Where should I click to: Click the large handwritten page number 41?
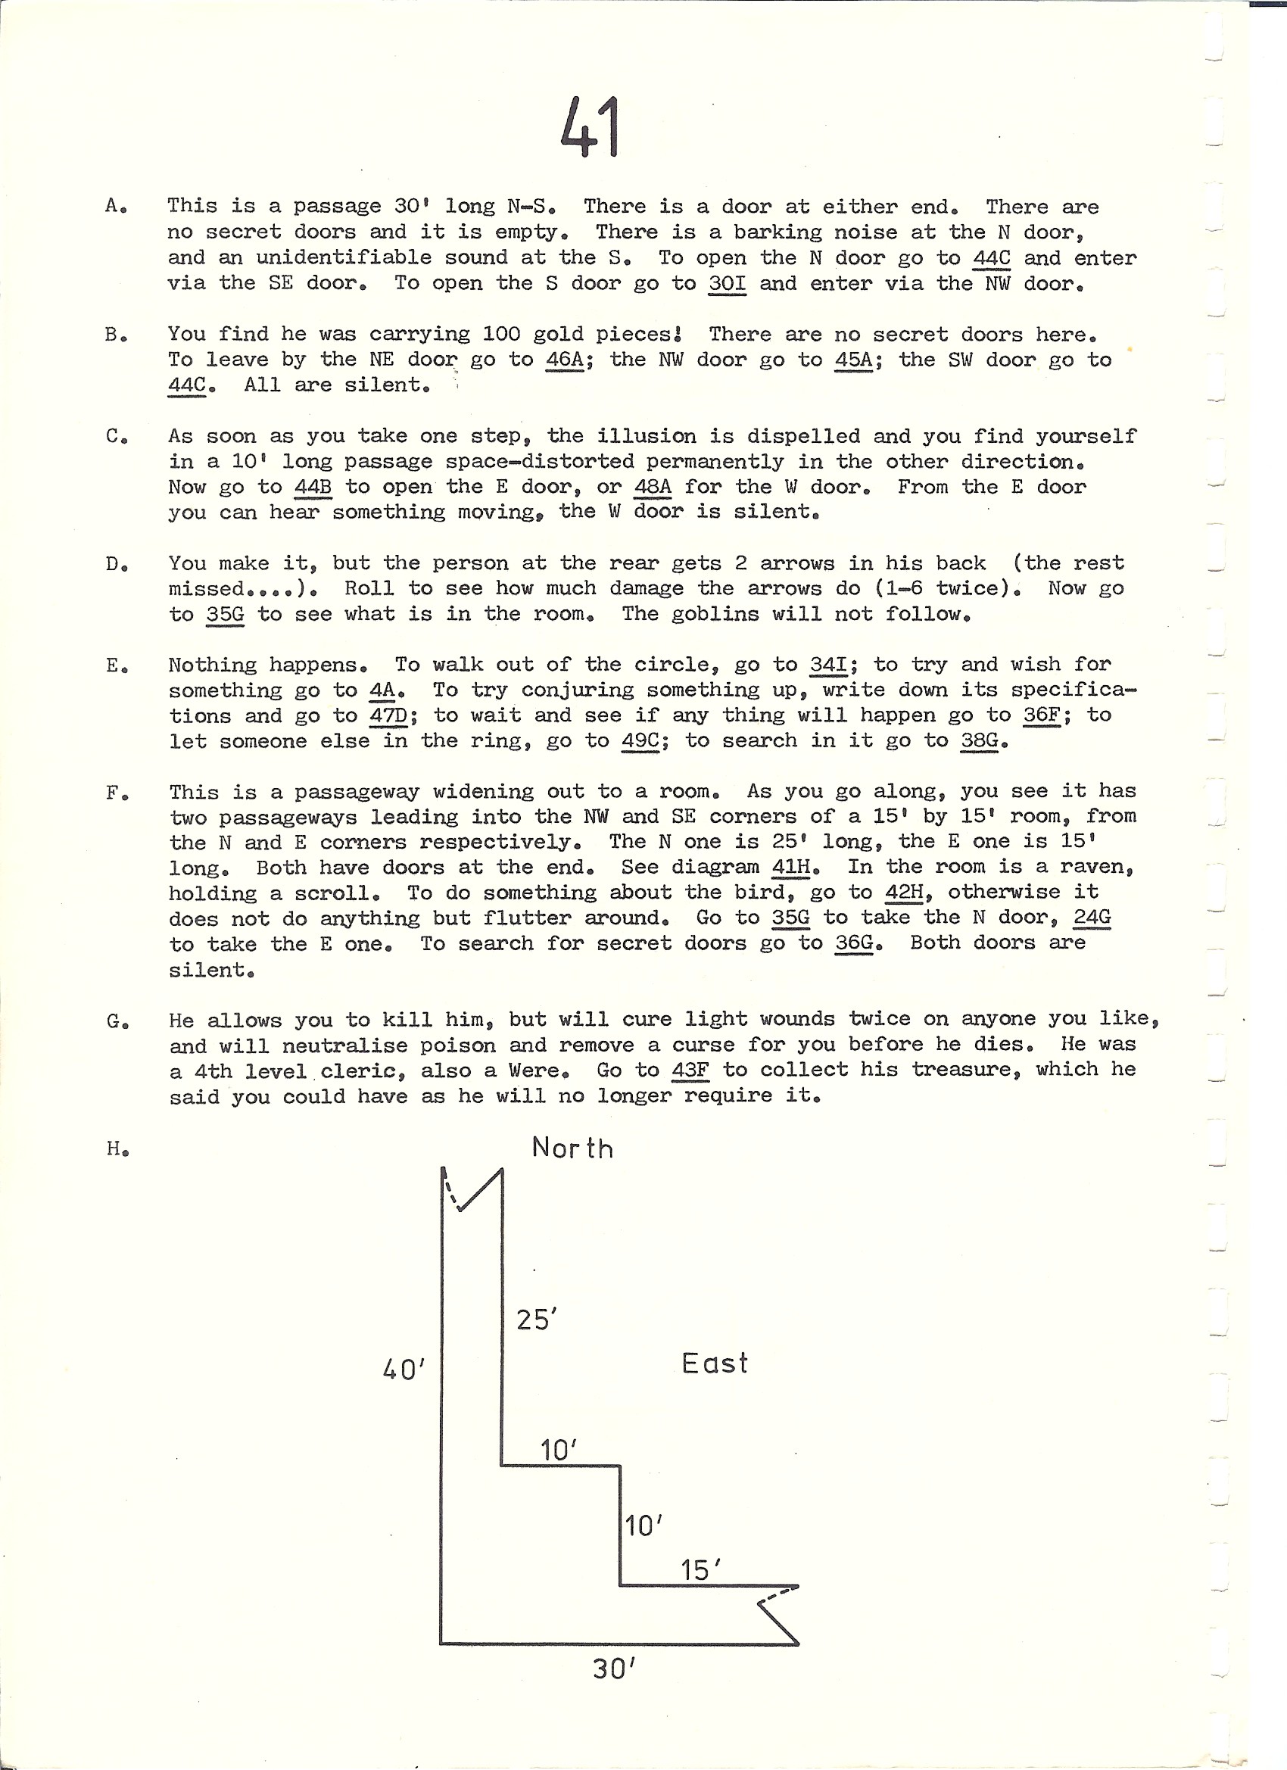(590, 126)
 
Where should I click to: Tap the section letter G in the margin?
(115, 1021)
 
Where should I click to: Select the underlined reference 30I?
(727, 283)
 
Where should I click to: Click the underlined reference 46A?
(564, 360)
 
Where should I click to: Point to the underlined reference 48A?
(653, 487)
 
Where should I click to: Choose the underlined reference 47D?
(388, 715)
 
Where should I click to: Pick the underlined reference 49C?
(640, 740)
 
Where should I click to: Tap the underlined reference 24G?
(1092, 917)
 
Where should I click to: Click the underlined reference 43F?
(690, 1070)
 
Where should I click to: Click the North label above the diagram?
(572, 1148)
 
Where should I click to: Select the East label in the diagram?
(714, 1363)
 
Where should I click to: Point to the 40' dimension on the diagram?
(404, 1369)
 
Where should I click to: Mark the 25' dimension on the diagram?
(536, 1320)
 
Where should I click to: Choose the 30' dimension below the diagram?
(613, 1669)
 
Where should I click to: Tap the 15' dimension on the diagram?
(700, 1569)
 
